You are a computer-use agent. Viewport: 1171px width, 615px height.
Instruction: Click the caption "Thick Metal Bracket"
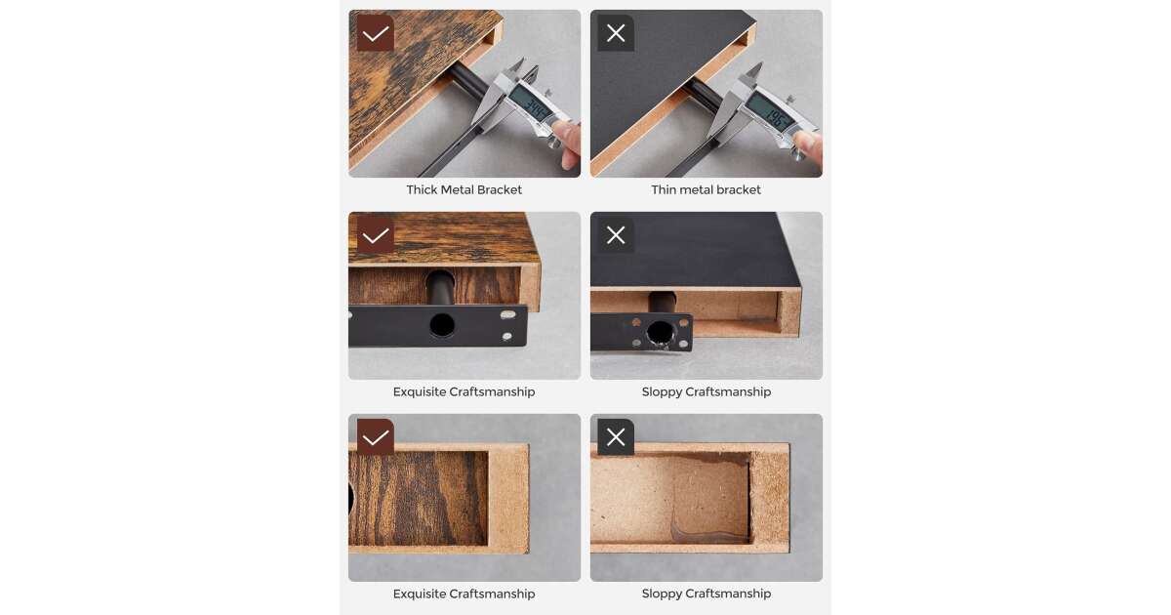(464, 189)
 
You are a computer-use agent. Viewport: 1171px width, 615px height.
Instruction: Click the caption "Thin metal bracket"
(706, 189)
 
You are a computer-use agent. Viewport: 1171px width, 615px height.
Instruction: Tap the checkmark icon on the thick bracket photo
(376, 33)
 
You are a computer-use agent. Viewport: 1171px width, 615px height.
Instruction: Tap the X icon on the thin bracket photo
(616, 33)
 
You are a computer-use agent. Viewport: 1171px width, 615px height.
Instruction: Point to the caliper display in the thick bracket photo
(532, 107)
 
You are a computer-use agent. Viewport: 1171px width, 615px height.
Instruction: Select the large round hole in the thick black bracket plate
(442, 325)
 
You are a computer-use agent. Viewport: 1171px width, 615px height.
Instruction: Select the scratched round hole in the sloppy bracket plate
(661, 334)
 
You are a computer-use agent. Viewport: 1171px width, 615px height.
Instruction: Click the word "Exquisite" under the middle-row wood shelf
(419, 391)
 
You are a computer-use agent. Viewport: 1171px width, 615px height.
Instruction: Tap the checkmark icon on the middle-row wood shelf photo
(376, 235)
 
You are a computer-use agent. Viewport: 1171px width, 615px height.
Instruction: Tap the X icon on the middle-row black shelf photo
(616, 235)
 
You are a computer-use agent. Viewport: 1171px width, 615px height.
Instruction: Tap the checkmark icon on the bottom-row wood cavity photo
(376, 437)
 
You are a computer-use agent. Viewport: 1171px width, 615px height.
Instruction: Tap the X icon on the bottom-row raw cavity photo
(616, 437)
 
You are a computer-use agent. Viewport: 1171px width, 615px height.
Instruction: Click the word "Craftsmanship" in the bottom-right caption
(728, 594)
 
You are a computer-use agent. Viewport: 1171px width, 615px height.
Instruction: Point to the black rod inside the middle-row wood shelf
(440, 288)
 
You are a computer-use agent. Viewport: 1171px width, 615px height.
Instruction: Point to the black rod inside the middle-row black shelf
(663, 303)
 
